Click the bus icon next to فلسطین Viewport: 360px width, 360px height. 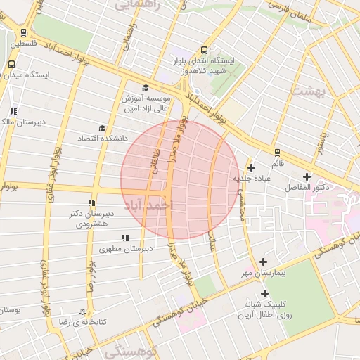[x=24, y=32]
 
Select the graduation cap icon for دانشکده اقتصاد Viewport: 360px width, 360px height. [x=103, y=129]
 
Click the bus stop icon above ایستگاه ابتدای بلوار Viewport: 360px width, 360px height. [x=204, y=50]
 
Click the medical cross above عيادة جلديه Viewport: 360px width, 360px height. [x=251, y=167]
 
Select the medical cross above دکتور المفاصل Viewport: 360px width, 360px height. [x=306, y=176]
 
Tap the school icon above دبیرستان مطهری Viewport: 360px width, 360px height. [x=125, y=238]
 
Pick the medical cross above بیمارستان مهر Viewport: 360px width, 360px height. [x=264, y=261]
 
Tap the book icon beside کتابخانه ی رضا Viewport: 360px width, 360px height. [x=83, y=311]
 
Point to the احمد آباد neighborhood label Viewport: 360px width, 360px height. [x=148, y=206]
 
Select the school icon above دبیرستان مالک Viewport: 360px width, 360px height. [x=13, y=111]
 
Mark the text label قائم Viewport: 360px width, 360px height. [x=277, y=163]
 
